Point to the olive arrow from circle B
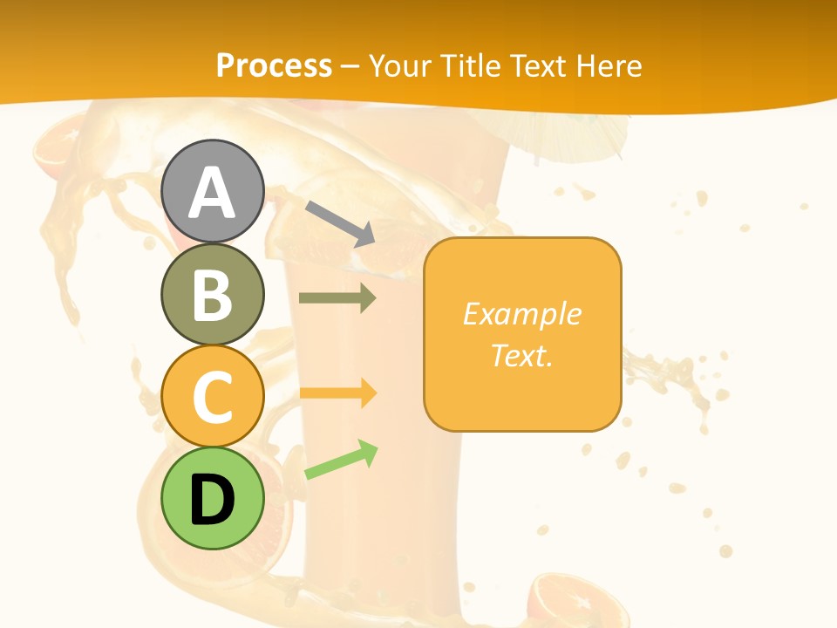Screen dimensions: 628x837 point(337,298)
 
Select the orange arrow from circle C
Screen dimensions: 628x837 point(337,392)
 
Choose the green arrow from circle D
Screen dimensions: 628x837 point(341,461)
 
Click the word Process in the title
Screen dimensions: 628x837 point(274,65)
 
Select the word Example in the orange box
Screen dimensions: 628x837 point(521,314)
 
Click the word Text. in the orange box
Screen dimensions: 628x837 point(521,355)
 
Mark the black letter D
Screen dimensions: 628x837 point(212,501)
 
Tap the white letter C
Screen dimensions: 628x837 point(212,397)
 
